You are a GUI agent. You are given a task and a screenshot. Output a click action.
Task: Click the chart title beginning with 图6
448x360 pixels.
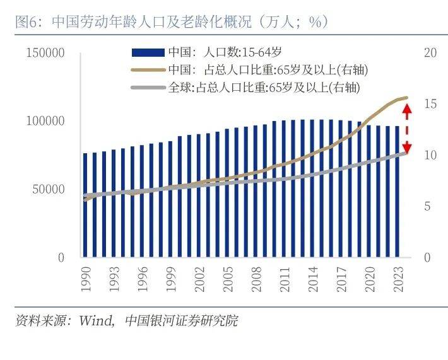click(170, 22)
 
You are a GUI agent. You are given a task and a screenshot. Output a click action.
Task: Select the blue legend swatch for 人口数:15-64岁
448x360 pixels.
click(148, 53)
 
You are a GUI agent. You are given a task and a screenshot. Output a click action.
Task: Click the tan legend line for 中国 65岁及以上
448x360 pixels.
click(148, 70)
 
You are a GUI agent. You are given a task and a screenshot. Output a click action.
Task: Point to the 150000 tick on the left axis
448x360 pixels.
click(45, 53)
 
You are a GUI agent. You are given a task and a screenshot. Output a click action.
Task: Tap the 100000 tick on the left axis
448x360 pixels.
click(45, 121)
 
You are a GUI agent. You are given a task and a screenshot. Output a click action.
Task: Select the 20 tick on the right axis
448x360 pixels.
click(431, 53)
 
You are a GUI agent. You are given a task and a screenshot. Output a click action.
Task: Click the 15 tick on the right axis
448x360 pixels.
click(431, 104)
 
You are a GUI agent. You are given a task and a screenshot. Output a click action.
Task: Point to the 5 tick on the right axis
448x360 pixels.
click(431, 206)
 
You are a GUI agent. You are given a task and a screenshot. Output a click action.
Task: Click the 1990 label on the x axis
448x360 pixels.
click(86, 278)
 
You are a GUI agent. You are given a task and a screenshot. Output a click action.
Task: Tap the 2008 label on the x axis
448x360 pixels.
click(257, 278)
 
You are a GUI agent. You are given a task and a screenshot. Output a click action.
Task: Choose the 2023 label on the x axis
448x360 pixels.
click(398, 278)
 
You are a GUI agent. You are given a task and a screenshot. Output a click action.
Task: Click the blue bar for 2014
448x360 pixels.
click(313, 189)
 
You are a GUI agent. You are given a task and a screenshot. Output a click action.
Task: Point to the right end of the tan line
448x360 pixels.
click(407, 98)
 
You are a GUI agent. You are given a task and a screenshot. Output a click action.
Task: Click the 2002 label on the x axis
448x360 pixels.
click(200, 278)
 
